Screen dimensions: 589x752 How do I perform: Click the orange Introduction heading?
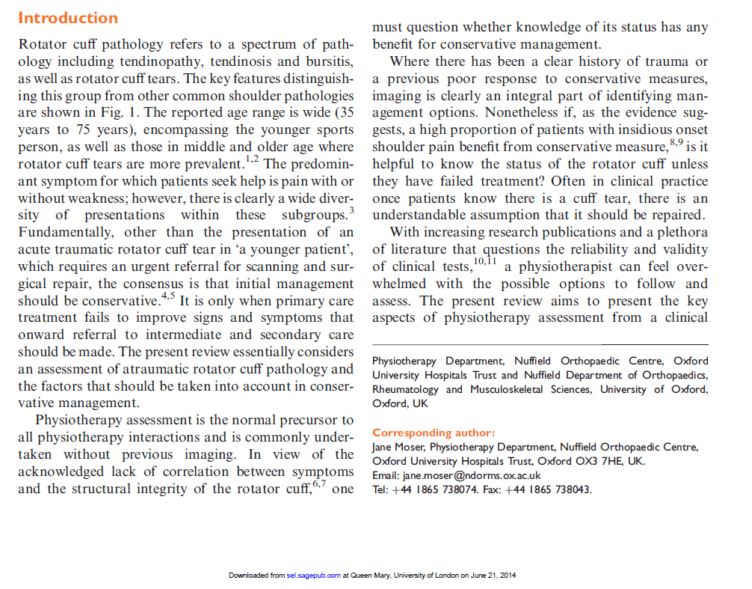pyautogui.click(x=68, y=17)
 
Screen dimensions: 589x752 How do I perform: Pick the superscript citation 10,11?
pyautogui.click(x=484, y=263)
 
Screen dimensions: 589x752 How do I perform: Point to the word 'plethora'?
pyautogui.click(x=677, y=233)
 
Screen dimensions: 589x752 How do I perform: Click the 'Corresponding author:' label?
pyautogui.click(x=434, y=433)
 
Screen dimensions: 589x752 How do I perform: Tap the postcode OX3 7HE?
pyautogui.click(x=599, y=461)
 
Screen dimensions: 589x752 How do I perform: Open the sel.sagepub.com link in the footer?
pyautogui.click(x=314, y=576)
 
